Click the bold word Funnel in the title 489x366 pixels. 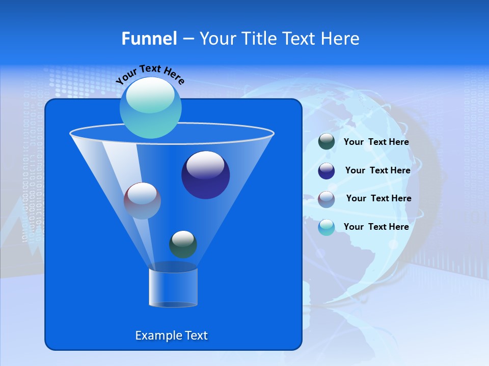[149, 39]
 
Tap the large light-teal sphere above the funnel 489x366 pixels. [151, 108]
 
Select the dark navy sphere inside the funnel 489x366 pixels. [206, 175]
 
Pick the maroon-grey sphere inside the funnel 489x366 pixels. [142, 201]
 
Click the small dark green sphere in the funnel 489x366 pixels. [183, 244]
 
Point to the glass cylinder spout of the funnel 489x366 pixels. [173, 288]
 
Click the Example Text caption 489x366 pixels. [171, 335]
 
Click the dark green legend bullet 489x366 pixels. [327, 142]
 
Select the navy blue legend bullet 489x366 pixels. [327, 171]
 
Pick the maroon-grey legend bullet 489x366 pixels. [327, 199]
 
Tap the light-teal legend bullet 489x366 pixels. [327, 227]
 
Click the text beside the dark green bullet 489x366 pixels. [376, 142]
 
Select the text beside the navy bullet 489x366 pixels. [377, 171]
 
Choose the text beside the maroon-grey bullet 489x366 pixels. [378, 199]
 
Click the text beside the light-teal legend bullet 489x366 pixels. [376, 227]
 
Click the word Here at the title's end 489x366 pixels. [341, 39]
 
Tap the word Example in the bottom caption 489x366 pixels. [157, 335]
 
